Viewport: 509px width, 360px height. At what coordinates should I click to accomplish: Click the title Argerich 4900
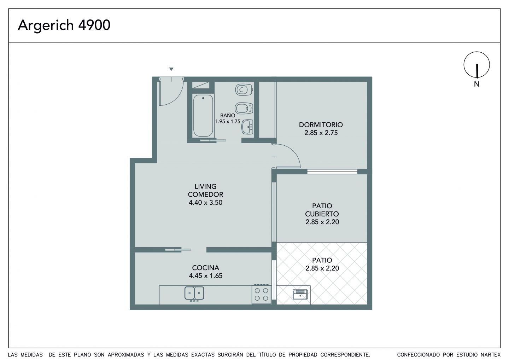coord(64,25)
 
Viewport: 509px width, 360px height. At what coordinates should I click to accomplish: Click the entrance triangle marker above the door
coord(171,69)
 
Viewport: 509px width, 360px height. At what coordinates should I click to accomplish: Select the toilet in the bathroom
coord(244,89)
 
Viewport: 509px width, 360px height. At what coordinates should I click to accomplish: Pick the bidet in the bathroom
coord(244,108)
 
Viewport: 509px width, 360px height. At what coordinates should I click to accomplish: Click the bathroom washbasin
coord(247,127)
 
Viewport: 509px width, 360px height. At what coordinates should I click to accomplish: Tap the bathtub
coord(203,116)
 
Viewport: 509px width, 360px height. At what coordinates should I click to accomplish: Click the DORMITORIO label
coord(321,124)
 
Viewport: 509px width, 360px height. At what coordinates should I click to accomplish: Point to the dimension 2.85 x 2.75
coord(321,133)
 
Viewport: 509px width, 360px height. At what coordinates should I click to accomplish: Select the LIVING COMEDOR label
coord(205,191)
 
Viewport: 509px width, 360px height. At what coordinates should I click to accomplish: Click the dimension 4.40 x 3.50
coord(205,202)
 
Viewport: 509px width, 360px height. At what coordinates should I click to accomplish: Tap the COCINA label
coord(205,268)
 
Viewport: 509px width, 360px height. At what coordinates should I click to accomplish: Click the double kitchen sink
coord(194,293)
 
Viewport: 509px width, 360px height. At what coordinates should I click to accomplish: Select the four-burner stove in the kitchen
coord(261,294)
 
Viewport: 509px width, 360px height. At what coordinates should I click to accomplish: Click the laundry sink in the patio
coord(300,294)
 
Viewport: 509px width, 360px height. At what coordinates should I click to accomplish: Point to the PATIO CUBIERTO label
coord(322,210)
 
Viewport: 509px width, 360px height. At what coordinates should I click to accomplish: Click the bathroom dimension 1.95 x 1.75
coord(228,121)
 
